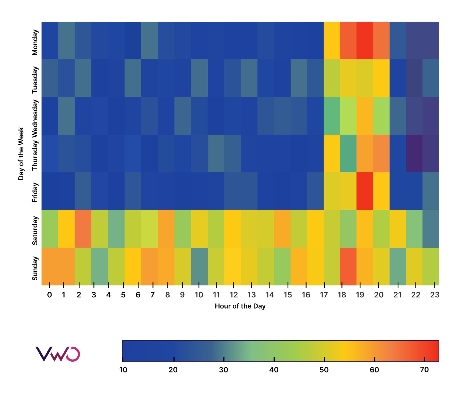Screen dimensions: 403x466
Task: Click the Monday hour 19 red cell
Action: [365, 40]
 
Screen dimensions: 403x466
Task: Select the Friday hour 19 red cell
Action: [365, 191]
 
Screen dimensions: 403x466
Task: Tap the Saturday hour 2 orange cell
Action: [83, 229]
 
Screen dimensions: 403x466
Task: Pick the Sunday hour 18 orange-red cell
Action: [348, 266]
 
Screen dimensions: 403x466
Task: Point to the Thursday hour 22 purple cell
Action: [414, 153]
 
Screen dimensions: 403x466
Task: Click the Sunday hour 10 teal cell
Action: [199, 266]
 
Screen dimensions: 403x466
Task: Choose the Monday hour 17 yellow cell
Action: [332, 40]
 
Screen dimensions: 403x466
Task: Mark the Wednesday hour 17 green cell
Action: [332, 116]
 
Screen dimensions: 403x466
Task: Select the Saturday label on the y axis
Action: [35, 230]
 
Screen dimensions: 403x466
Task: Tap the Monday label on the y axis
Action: [35, 42]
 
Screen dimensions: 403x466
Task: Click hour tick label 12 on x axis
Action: [234, 295]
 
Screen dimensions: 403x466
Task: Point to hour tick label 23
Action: [435, 295]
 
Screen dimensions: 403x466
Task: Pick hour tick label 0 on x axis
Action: [49, 295]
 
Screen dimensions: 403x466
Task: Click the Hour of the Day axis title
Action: [240, 306]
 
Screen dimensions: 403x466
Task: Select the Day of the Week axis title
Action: [21, 153]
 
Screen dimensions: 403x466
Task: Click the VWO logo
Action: [57, 354]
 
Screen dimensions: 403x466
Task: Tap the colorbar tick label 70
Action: [424, 370]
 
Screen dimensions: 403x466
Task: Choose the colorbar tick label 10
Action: [123, 370]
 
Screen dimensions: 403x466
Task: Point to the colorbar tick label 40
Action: [274, 370]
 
